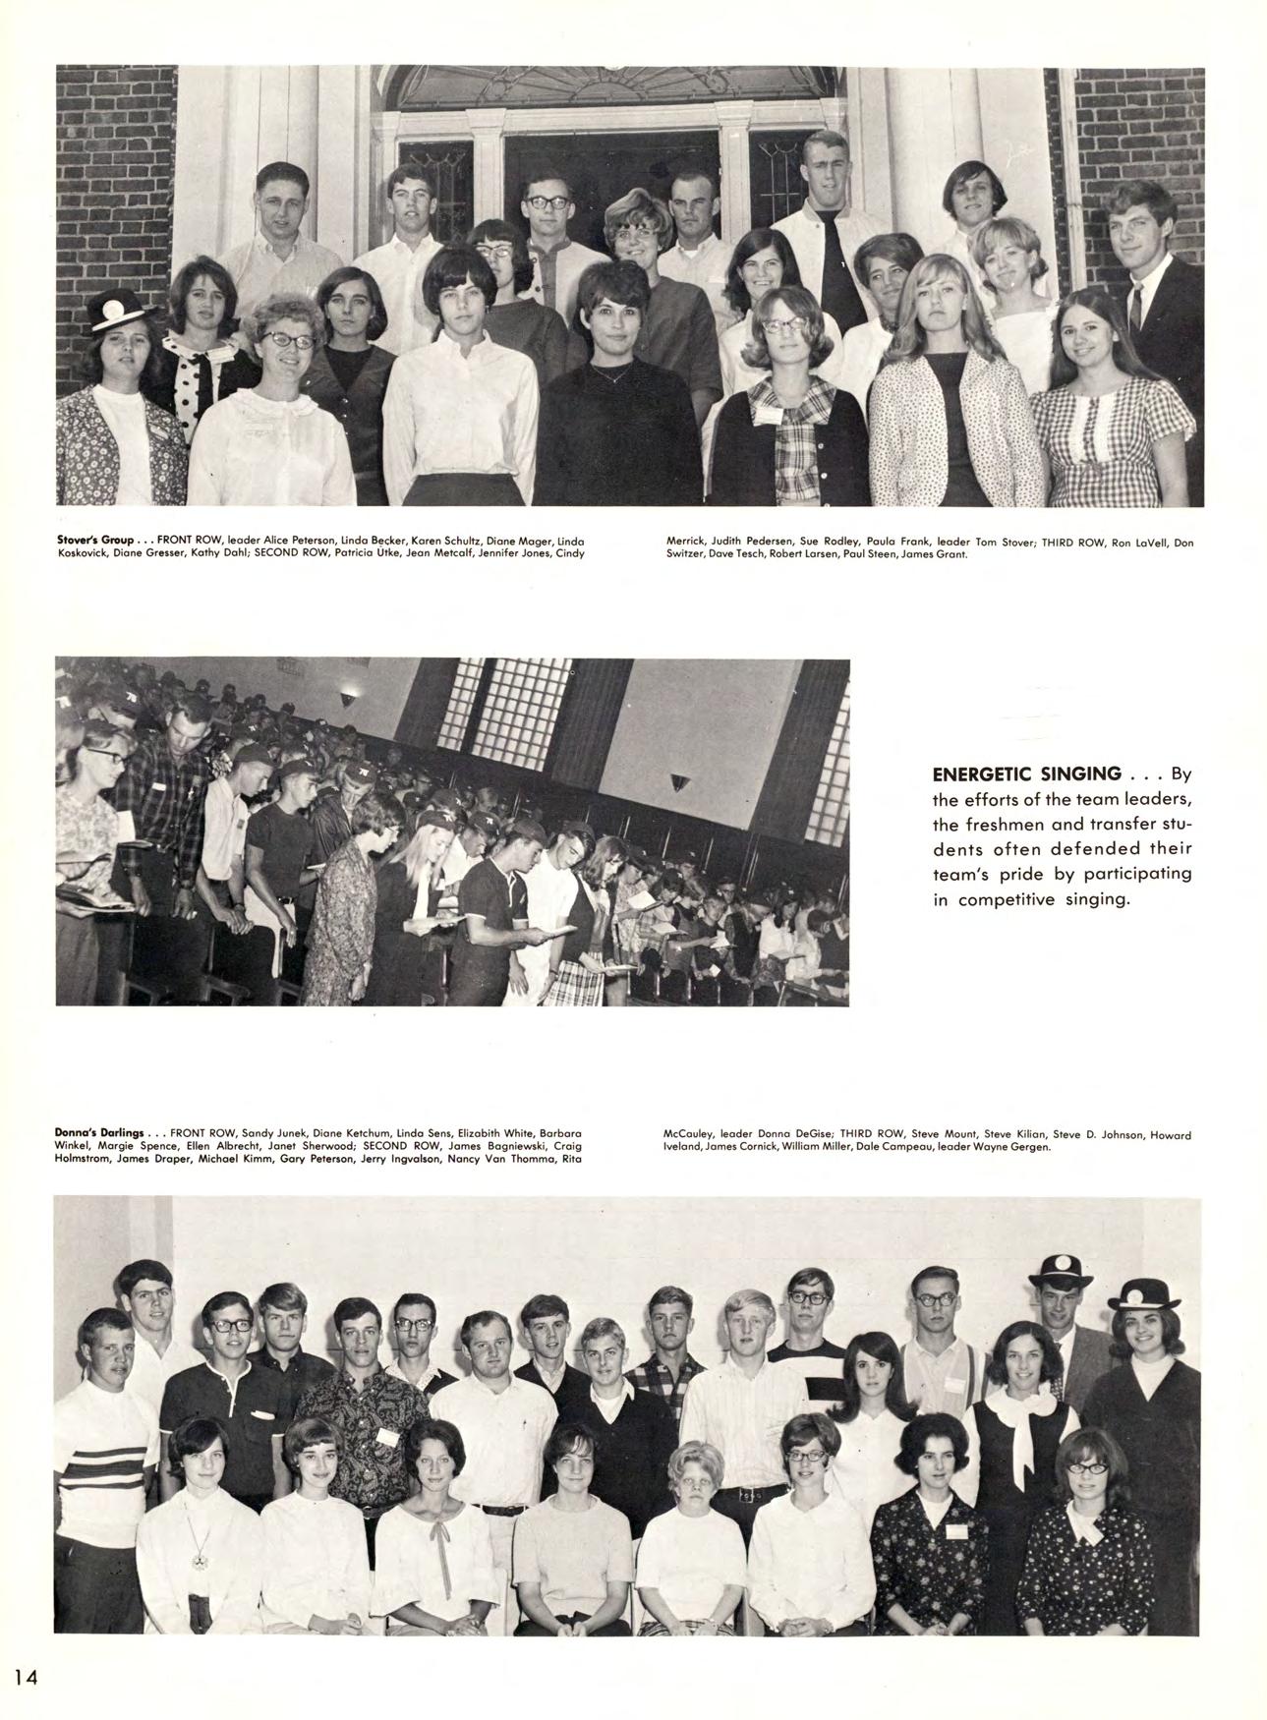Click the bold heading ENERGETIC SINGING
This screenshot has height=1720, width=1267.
click(x=1025, y=774)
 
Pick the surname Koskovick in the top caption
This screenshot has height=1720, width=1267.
click(x=82, y=553)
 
